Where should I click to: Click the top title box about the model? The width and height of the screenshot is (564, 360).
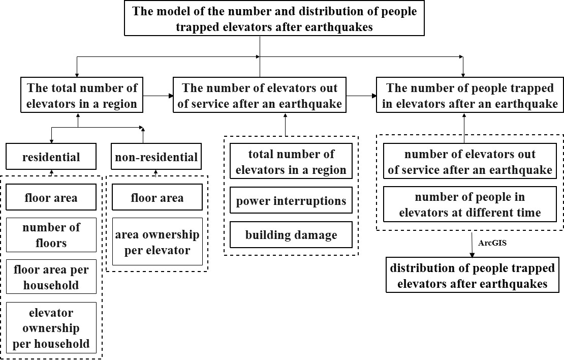[x=274, y=18]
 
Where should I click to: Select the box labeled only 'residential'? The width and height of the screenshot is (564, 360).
[x=51, y=157]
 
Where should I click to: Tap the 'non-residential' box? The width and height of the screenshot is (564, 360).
[x=156, y=157]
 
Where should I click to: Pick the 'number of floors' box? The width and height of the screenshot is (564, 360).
[x=51, y=235]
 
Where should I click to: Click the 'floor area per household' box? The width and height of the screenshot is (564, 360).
[x=51, y=277]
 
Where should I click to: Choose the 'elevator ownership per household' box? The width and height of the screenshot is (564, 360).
[x=51, y=327]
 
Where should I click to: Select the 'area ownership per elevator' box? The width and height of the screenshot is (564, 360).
[x=157, y=242]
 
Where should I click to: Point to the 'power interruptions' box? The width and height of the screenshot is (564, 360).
[x=291, y=200]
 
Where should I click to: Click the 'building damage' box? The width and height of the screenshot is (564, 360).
[x=291, y=235]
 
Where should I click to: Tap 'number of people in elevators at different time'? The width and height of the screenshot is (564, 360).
[x=470, y=204]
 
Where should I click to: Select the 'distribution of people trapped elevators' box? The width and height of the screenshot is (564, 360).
[x=472, y=275]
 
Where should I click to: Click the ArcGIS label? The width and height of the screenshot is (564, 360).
[x=492, y=243]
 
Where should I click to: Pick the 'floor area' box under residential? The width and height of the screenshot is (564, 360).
[x=51, y=197]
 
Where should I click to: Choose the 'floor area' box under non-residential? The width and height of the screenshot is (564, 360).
[x=157, y=197]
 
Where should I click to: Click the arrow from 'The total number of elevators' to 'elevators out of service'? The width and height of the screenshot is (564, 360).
[x=158, y=96]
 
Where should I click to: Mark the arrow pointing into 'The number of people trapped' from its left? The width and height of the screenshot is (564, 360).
[x=361, y=96]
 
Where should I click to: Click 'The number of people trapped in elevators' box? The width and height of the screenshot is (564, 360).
[x=470, y=95]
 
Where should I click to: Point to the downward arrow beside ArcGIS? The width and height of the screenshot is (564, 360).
[x=472, y=245]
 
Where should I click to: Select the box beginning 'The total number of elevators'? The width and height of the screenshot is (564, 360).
[x=82, y=95]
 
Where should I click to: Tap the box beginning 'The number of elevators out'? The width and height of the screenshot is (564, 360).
[x=260, y=95]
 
